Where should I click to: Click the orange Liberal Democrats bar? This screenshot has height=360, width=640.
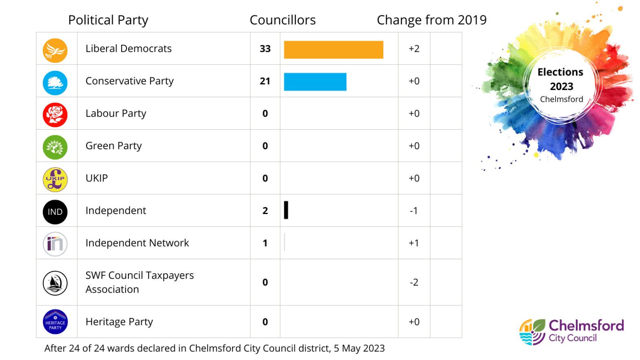point(333,50)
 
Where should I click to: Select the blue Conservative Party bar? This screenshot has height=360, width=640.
point(315,82)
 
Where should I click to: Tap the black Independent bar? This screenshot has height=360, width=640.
point(286,210)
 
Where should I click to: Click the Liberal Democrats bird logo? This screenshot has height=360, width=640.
point(55,51)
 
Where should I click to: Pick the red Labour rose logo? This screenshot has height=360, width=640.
point(55,115)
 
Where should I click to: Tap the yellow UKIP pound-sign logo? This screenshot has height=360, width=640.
point(55,180)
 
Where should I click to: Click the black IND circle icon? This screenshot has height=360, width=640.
point(55,212)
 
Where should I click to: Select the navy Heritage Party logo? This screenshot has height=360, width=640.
point(55,322)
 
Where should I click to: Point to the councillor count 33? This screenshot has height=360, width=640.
point(265,49)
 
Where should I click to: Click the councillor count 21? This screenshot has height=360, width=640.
point(265,81)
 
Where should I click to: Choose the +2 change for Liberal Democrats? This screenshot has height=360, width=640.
point(414,49)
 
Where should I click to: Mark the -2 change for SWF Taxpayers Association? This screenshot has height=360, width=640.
point(414,283)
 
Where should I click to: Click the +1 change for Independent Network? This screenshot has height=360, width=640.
point(414,243)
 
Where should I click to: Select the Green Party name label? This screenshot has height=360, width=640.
point(114,146)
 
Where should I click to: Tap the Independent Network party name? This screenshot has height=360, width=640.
point(137,243)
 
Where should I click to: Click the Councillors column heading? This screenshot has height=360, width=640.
point(282,20)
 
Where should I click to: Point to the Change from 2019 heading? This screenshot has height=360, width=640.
point(431,20)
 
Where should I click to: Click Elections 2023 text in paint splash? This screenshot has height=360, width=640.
point(561,80)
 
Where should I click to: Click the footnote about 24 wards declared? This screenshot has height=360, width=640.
point(214,349)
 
